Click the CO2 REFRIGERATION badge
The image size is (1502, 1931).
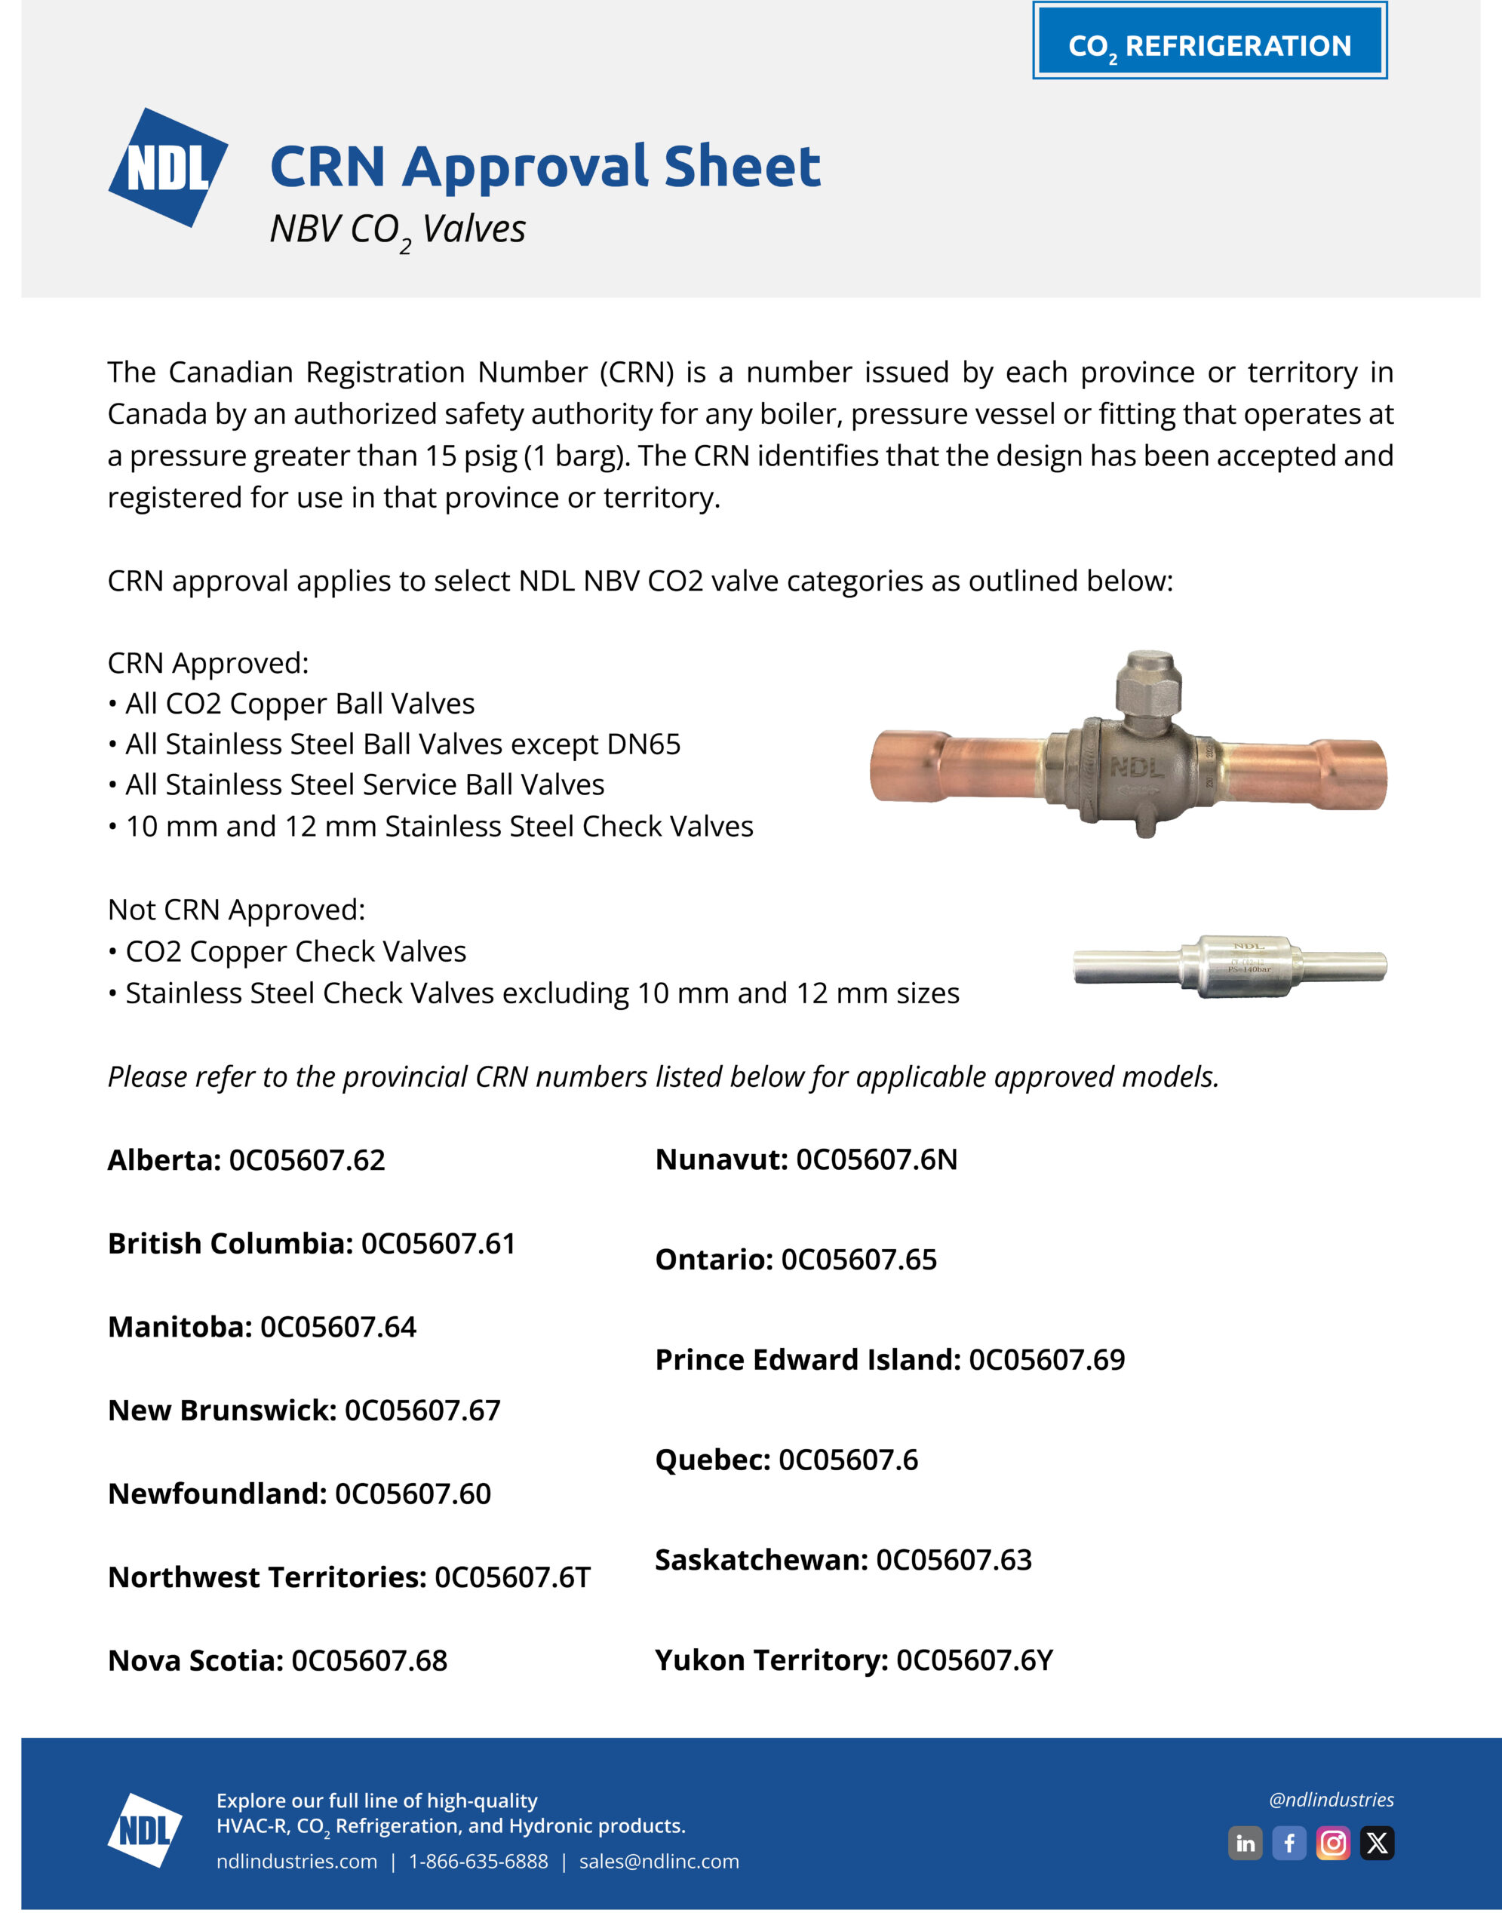[1209, 41]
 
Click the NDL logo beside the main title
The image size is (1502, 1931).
[168, 167]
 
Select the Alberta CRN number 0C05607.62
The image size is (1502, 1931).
[307, 1160]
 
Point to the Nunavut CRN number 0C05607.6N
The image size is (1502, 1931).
[876, 1159]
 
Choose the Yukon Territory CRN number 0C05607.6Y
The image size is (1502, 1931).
[974, 1660]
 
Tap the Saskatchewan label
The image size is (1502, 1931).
[761, 1560]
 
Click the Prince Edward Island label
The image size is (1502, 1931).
[807, 1360]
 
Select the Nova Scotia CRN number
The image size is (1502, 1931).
[369, 1661]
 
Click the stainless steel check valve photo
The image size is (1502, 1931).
[1230, 965]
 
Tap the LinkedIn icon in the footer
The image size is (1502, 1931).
[1245, 1844]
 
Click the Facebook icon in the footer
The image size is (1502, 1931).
[1289, 1844]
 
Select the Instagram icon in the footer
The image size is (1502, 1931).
[1333, 1844]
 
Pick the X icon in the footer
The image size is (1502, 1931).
[1377, 1844]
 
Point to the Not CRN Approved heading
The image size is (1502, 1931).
[236, 910]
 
